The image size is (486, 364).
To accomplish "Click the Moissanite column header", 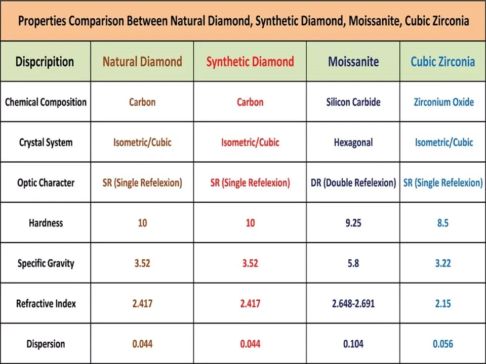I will [x=353, y=62].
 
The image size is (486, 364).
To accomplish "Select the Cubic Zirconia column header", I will [x=442, y=62].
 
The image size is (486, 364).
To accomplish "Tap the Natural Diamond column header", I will [x=142, y=62].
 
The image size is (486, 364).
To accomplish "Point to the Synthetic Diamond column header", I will [x=250, y=62].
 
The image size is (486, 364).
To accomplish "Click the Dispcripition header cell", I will [x=45, y=62].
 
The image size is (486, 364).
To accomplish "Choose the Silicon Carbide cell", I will [x=353, y=102].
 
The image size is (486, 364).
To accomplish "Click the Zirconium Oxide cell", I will [x=443, y=102].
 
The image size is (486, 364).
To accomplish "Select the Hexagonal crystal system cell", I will [x=353, y=142].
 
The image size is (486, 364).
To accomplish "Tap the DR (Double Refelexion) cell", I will [x=353, y=183].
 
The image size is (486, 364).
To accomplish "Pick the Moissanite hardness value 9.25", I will [x=353, y=222].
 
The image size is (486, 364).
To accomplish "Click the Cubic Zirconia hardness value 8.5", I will [x=442, y=222].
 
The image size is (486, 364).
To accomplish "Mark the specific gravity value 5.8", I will [x=353, y=263].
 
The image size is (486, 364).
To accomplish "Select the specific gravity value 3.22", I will [x=442, y=263].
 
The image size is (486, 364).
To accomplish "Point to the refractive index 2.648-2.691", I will [x=353, y=303].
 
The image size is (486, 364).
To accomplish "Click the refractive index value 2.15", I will [x=442, y=303].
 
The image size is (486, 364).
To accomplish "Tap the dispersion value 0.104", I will [x=353, y=344].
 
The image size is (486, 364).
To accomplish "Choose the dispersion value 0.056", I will [x=442, y=344].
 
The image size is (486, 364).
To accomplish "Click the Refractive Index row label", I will [x=46, y=303].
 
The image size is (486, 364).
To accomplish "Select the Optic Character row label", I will [x=46, y=183].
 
